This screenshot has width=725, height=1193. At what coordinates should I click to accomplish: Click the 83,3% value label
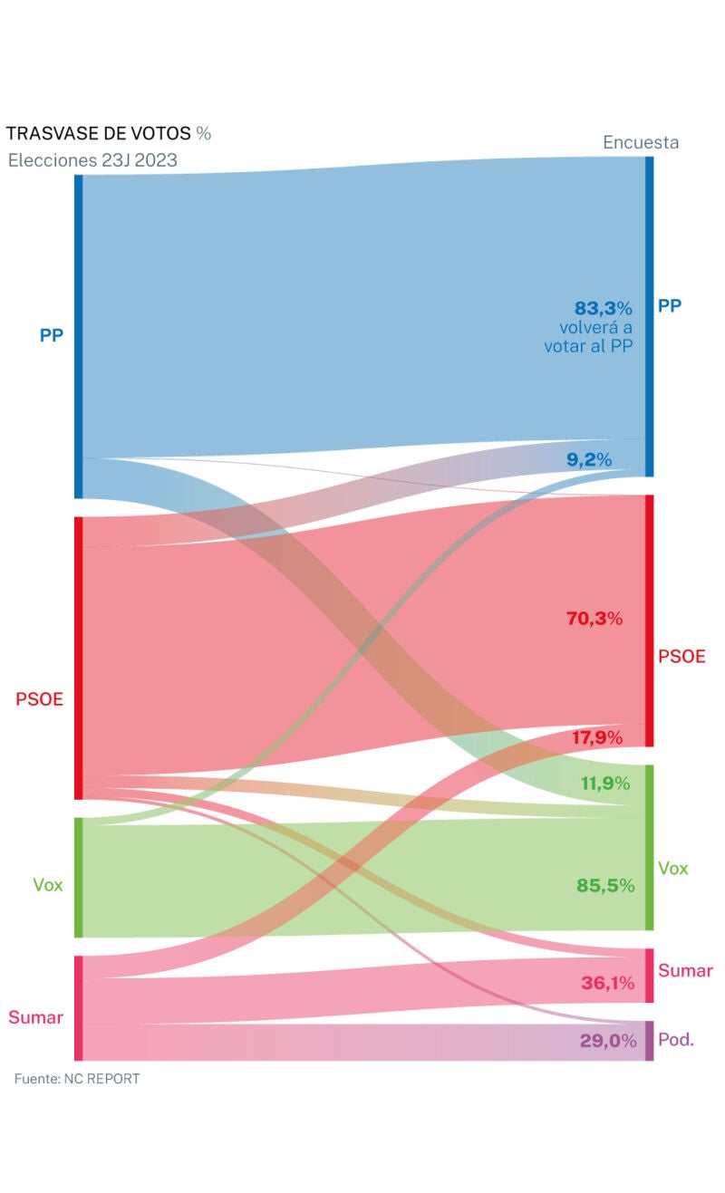pyautogui.click(x=603, y=308)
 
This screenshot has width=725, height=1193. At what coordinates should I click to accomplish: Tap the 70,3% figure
pyautogui.click(x=594, y=620)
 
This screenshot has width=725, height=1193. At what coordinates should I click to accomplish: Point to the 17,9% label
pyautogui.click(x=597, y=738)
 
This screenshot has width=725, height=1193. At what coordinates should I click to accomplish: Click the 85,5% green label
pyautogui.click(x=605, y=886)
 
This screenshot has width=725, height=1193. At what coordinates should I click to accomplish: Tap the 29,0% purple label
pyautogui.click(x=608, y=1042)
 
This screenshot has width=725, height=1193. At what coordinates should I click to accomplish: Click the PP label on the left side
pyautogui.click(x=51, y=335)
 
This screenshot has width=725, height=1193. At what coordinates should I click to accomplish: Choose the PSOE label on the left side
pyautogui.click(x=39, y=699)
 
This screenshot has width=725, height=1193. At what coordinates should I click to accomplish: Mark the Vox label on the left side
pyautogui.click(x=48, y=885)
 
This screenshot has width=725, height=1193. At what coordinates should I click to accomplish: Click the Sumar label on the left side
pyautogui.click(x=35, y=1017)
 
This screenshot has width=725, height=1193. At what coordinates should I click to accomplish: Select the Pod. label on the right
pyautogui.click(x=676, y=1040)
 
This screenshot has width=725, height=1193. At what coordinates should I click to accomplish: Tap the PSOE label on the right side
pyautogui.click(x=681, y=657)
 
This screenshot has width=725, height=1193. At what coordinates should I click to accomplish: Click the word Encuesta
pyautogui.click(x=641, y=142)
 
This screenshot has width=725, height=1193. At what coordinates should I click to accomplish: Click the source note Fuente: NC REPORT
pyautogui.click(x=77, y=1079)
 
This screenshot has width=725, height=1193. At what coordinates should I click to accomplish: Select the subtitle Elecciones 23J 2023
pyautogui.click(x=92, y=161)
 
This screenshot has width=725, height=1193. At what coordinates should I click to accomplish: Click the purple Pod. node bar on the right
pyautogui.click(x=649, y=1041)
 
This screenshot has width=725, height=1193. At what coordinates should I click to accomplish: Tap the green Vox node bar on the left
pyautogui.click(x=79, y=877)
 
